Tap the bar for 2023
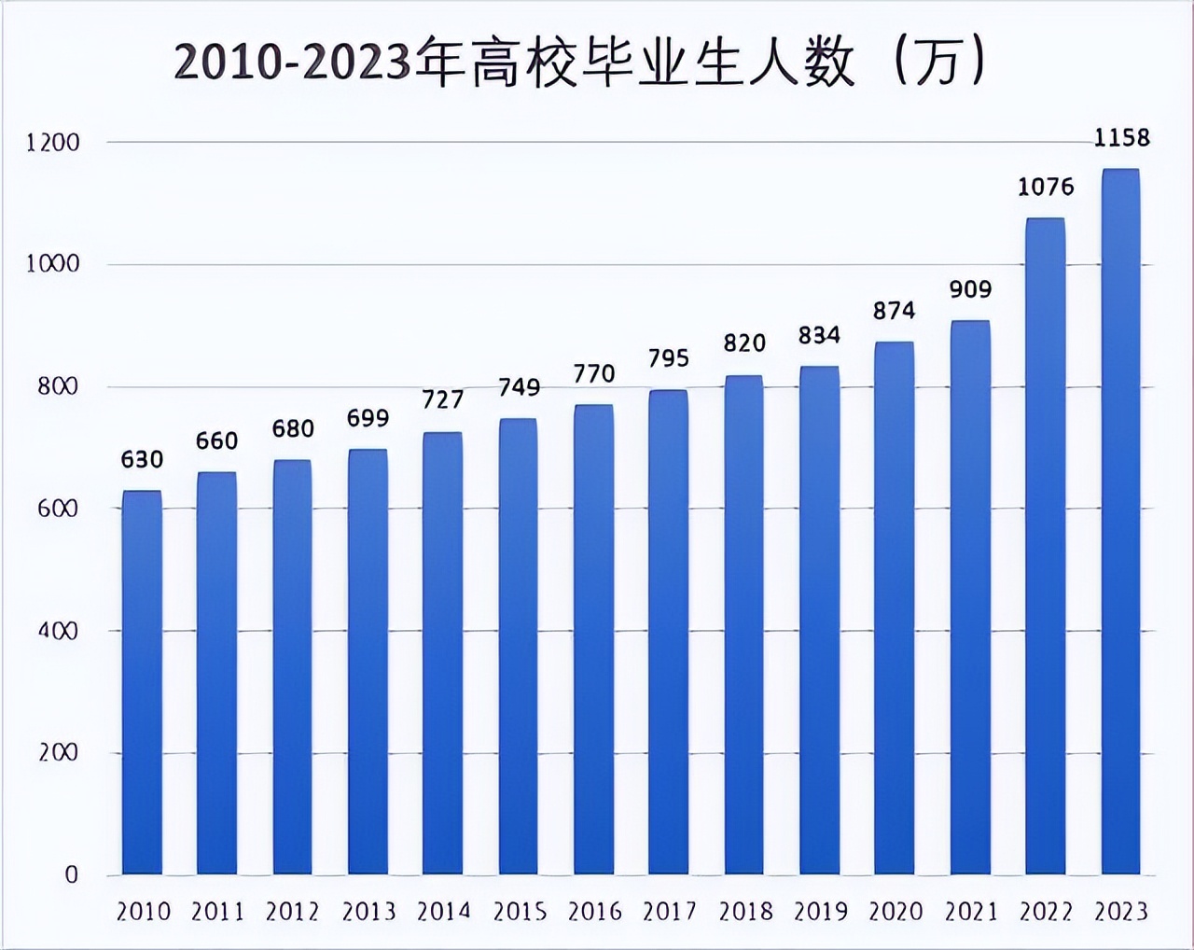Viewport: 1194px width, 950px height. click(x=1120, y=523)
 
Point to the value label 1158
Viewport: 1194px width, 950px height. click(x=1122, y=138)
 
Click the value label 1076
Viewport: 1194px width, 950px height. click(x=1046, y=187)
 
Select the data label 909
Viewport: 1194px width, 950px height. click(x=970, y=289)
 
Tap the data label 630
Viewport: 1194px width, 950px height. click(x=142, y=459)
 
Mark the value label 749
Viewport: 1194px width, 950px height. click(x=519, y=387)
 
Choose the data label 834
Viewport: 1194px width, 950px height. click(x=819, y=335)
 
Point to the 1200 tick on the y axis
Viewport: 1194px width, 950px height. click(x=53, y=143)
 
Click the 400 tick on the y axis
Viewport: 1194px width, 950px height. click(x=58, y=631)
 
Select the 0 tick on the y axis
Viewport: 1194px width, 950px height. click(x=71, y=875)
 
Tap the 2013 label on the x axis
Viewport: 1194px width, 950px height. click(x=368, y=911)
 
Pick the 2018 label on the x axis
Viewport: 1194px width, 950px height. click(x=744, y=911)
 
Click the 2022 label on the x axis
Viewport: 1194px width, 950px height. click(x=1046, y=911)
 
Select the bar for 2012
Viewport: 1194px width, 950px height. click(x=292, y=667)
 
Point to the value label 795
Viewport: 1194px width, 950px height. click(x=669, y=358)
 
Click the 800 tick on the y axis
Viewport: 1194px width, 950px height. click(x=58, y=386)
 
